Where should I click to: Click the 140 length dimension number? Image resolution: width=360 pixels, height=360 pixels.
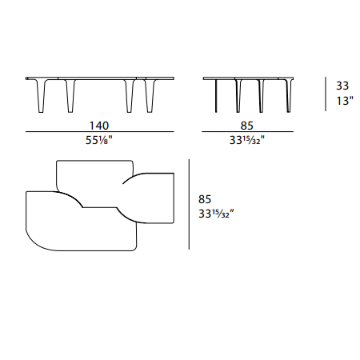[x=99, y=126]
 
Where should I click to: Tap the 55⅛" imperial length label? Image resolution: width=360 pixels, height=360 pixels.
[x=99, y=140]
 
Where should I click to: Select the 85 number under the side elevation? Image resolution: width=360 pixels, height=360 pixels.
[x=246, y=126]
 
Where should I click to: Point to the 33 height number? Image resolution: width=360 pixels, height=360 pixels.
[x=342, y=86]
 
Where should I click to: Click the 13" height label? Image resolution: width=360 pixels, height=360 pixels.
[x=345, y=101]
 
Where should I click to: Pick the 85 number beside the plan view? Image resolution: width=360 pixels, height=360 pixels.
[x=205, y=199]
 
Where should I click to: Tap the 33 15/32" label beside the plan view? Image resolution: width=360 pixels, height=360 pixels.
[x=216, y=214]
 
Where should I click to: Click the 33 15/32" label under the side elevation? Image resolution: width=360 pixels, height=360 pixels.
[x=247, y=140]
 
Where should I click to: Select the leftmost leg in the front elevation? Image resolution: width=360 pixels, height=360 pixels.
[x=41, y=95]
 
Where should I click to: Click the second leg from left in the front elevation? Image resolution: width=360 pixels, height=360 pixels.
[x=70, y=95]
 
